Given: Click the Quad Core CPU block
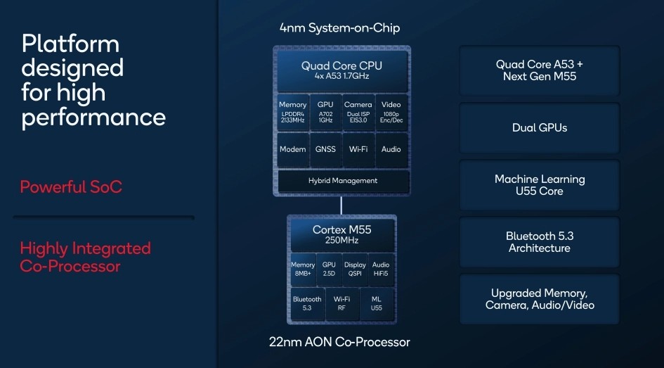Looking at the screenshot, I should (341, 70).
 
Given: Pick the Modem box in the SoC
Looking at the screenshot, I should (292, 149).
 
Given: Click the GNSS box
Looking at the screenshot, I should (325, 149).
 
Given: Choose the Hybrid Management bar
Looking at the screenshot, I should (342, 181).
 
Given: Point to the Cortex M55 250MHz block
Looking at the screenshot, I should (341, 235).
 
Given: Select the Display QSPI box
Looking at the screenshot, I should (355, 269).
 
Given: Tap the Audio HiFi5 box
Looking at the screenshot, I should (381, 269).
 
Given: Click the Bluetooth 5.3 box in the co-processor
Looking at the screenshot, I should (306, 303).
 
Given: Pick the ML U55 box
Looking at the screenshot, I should (377, 303).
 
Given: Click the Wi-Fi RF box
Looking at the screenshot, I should (342, 303).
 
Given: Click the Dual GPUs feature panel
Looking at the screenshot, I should (539, 127).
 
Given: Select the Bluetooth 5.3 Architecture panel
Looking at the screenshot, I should (539, 242).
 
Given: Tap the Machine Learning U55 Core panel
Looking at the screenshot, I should (539, 185).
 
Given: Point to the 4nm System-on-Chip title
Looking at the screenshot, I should (340, 28).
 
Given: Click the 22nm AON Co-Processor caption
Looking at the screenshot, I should (339, 343).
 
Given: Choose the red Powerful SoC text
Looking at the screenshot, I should (70, 187).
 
